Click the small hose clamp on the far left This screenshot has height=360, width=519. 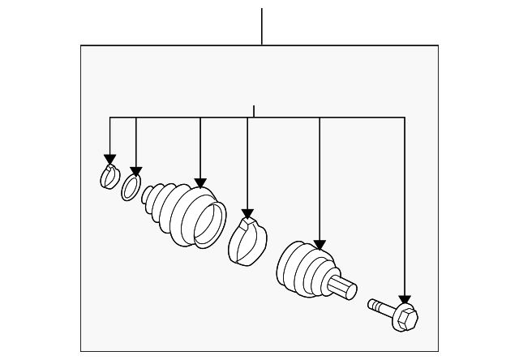point(109,176)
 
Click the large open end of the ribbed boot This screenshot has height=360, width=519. point(208,221)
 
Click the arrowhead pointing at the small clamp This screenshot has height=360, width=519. point(109,160)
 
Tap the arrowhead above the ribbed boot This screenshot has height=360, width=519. point(201,183)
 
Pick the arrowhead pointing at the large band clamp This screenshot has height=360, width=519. point(247,212)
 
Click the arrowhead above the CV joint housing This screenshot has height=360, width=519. point(320,244)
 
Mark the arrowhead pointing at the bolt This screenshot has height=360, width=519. point(405,300)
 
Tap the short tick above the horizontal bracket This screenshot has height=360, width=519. point(254,111)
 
